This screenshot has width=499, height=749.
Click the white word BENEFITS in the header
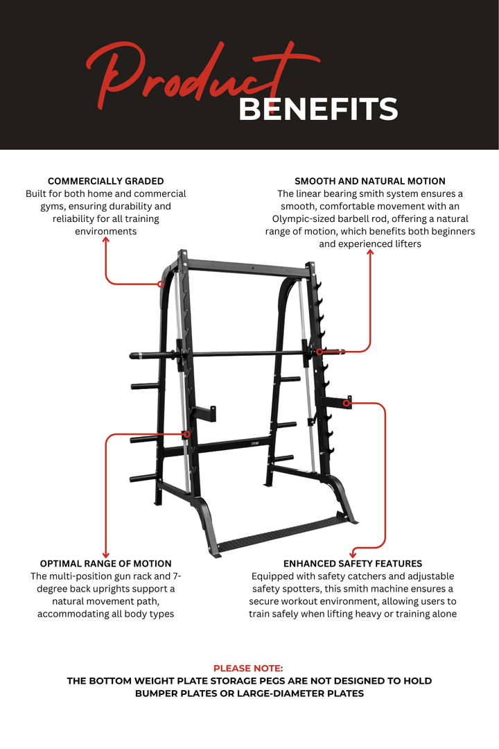click(x=318, y=110)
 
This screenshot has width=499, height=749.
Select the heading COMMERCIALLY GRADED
click(x=105, y=181)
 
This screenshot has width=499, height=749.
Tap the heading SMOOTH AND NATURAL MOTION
click(x=370, y=181)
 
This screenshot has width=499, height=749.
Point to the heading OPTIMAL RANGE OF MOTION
click(x=105, y=563)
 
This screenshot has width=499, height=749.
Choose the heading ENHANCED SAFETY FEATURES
click(x=353, y=563)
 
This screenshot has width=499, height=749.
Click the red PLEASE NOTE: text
click(x=248, y=668)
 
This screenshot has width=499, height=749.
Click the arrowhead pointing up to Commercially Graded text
click(x=106, y=240)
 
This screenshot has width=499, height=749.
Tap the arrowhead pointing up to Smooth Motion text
click(x=370, y=253)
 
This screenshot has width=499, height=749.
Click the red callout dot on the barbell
click(x=319, y=352)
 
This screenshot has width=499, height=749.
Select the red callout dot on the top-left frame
click(x=161, y=284)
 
